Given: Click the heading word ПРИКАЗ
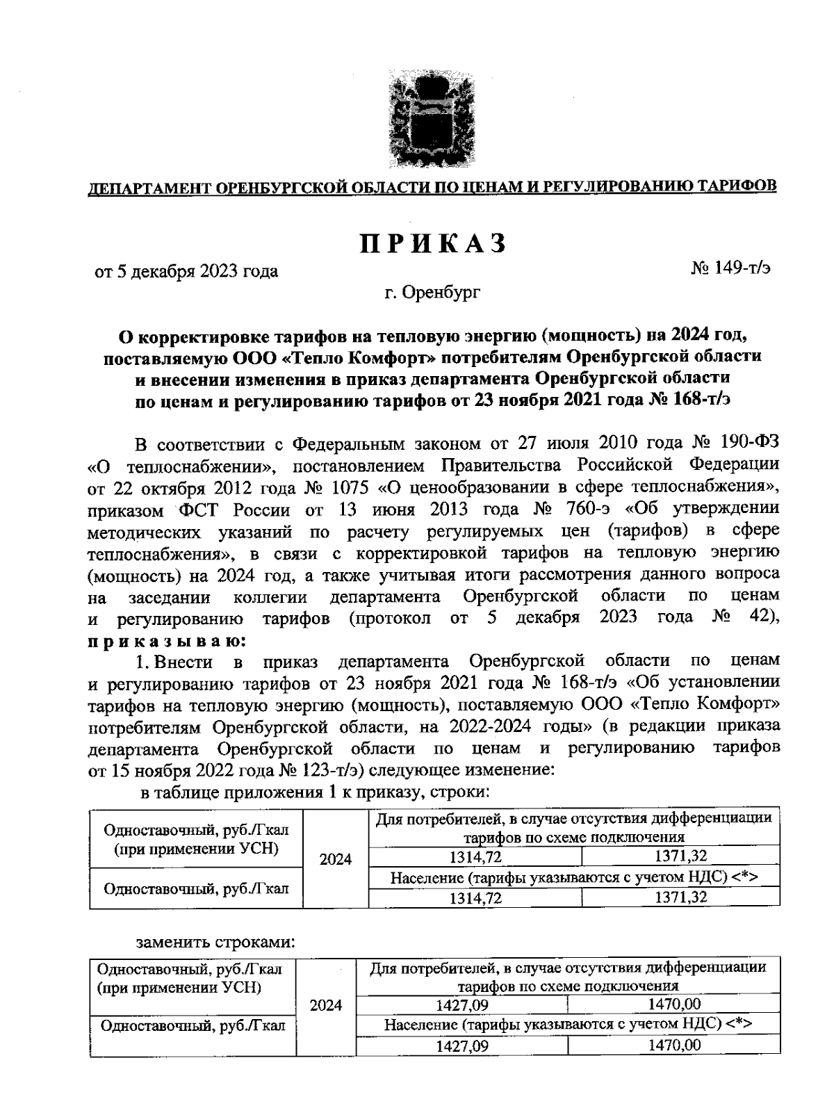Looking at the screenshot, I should pos(432,245).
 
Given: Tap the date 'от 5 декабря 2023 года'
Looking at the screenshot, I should pos(186,271).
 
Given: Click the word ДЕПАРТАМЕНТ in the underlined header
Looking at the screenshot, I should pos(148,188).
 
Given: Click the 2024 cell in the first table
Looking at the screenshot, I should pos(336,858).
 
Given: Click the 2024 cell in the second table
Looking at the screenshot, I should pos(326,1005).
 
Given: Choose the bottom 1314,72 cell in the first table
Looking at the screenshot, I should pos(475,898).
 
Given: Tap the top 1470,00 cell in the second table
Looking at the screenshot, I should pos(673,1004).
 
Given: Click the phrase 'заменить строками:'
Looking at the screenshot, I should pos(216,943).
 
